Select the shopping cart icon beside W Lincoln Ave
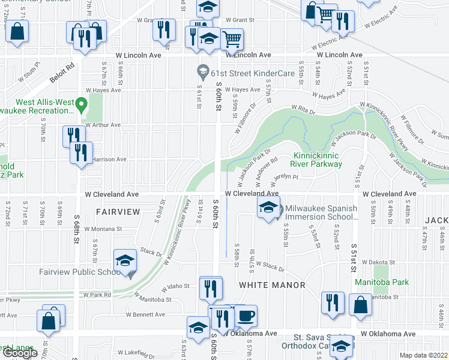tap(232, 39)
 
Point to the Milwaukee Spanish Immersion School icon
tap(268, 208)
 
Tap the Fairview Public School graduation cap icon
tap(125, 260)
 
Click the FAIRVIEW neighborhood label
tap(118, 212)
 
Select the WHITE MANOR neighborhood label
tap(273, 284)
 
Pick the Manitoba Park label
tap(390, 282)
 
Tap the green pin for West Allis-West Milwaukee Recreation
tap(85, 106)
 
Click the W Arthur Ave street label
tap(103, 125)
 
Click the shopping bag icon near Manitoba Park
tap(360, 304)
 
